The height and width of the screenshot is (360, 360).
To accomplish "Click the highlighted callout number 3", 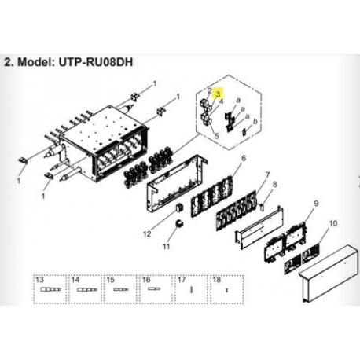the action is click(x=219, y=94).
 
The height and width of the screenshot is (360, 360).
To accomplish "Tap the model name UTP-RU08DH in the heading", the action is click(x=96, y=62).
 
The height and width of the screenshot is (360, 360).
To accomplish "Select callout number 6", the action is click(x=244, y=158).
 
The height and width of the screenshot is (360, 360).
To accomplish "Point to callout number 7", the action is click(x=267, y=174).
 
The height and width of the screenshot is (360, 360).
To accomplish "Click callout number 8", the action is click(x=274, y=185).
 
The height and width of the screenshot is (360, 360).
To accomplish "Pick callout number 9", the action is click(x=316, y=203).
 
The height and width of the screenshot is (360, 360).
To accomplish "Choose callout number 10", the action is click(x=333, y=223).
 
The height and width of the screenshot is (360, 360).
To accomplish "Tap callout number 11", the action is click(x=166, y=247).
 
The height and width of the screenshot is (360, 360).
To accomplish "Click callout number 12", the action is click(x=147, y=233).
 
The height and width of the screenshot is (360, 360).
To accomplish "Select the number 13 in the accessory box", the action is click(x=39, y=280).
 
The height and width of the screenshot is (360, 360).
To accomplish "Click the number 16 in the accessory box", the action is click(x=146, y=280).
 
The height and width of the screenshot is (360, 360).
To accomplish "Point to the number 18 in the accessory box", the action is click(x=217, y=280).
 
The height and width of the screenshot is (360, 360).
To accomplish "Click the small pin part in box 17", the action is click(x=192, y=290).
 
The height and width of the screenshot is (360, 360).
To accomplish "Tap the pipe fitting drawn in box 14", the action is click(x=87, y=290).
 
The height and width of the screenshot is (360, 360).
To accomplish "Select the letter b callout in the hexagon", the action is click(x=255, y=122).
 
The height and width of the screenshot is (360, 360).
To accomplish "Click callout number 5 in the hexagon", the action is click(x=217, y=136).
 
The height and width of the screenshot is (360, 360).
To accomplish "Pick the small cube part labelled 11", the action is click(x=179, y=225).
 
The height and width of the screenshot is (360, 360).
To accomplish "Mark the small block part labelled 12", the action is click(x=179, y=208).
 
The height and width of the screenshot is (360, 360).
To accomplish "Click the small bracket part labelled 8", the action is click(x=262, y=207).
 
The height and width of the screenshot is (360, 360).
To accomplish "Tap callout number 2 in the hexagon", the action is click(x=210, y=91).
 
